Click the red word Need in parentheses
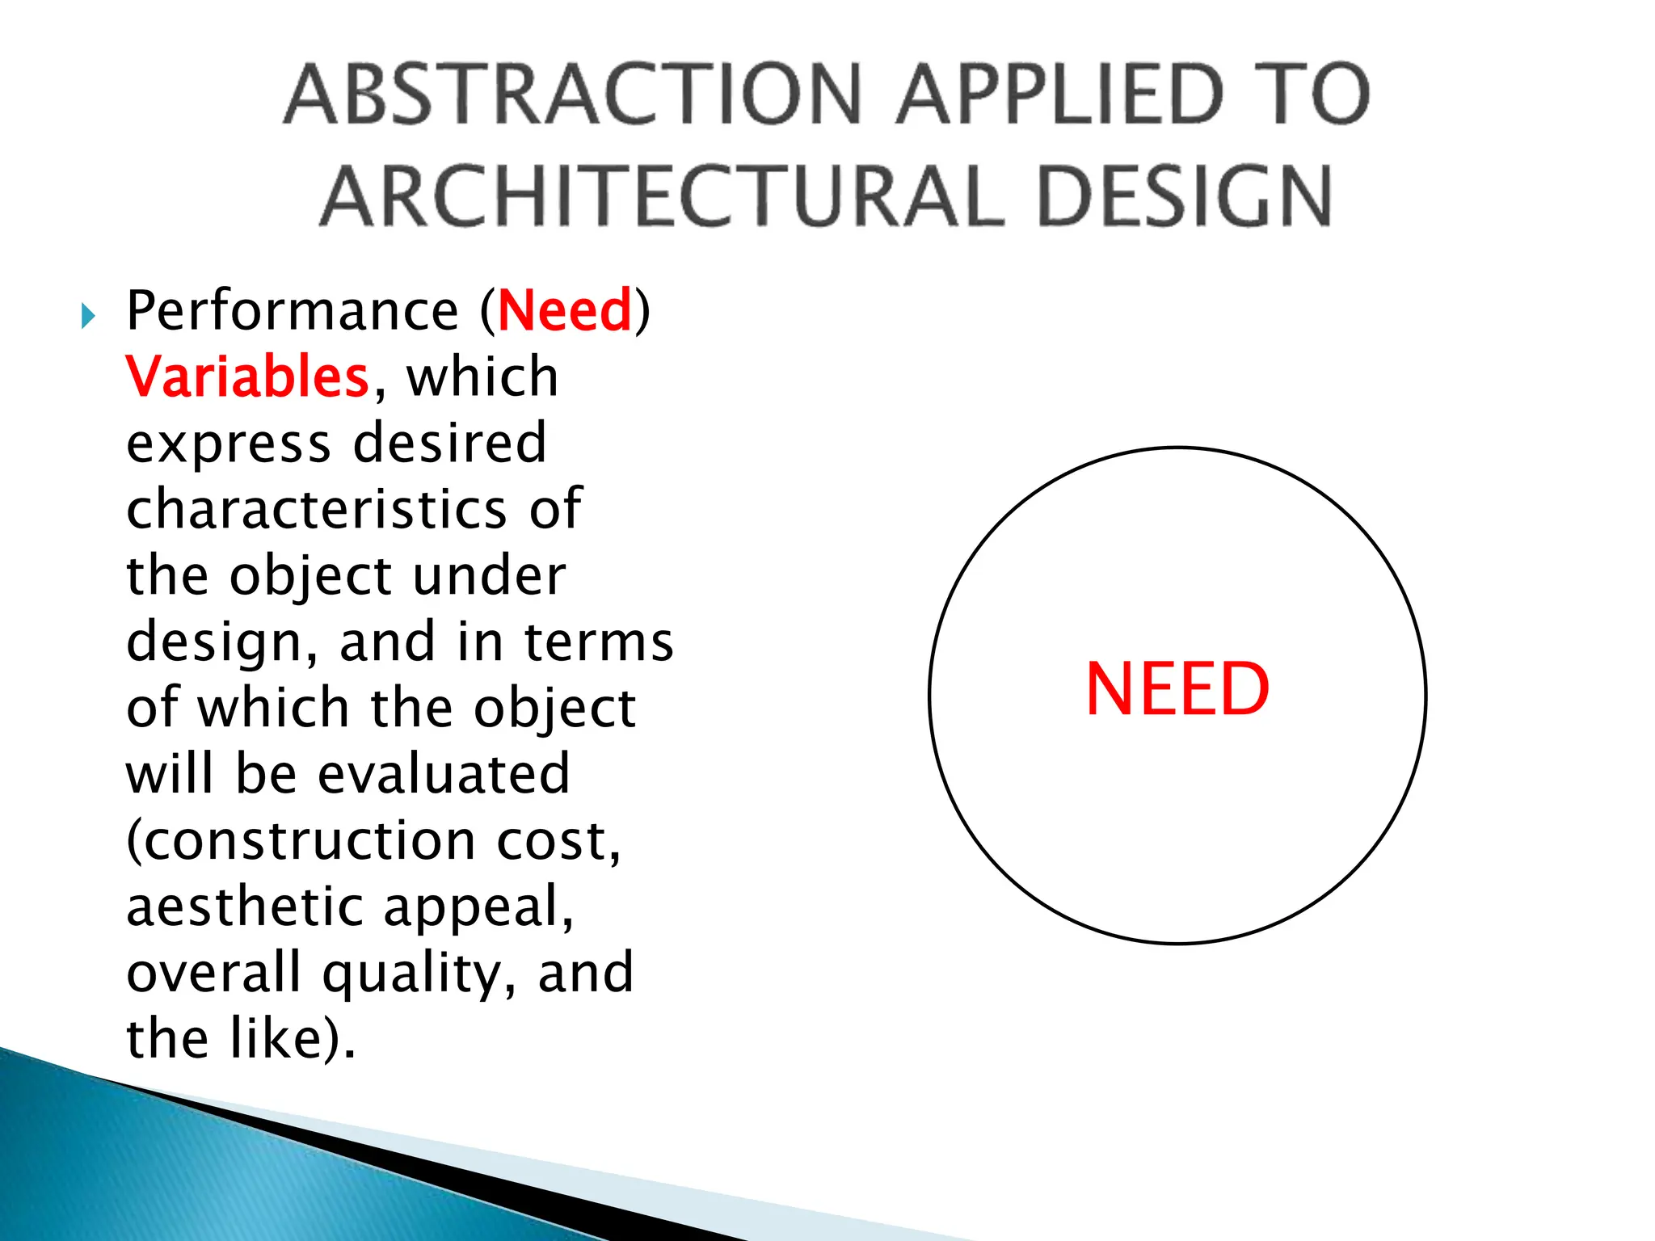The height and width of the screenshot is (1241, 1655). (x=565, y=310)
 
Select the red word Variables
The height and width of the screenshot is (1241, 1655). (x=247, y=377)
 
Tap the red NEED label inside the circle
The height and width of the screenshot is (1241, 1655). (x=1177, y=689)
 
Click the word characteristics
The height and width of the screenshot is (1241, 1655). (x=316, y=509)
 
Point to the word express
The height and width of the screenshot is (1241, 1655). (x=229, y=445)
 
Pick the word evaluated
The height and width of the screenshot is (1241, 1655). (x=444, y=774)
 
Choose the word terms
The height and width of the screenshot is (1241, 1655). (x=599, y=642)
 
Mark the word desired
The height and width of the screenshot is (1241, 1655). (x=450, y=444)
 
